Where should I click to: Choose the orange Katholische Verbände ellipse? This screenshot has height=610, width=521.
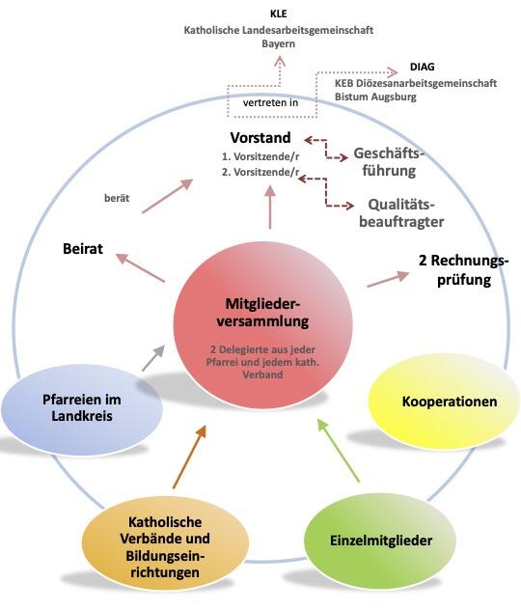tap(155, 544)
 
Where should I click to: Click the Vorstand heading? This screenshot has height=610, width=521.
tap(260, 138)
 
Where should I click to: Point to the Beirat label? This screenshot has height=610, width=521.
tap(85, 248)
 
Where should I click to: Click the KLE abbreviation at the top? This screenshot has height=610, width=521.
tap(279, 14)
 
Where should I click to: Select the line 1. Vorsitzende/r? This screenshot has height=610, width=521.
tap(260, 156)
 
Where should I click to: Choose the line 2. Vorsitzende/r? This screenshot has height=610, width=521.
tap(260, 172)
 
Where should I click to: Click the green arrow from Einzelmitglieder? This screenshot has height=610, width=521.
tap(340, 450)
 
